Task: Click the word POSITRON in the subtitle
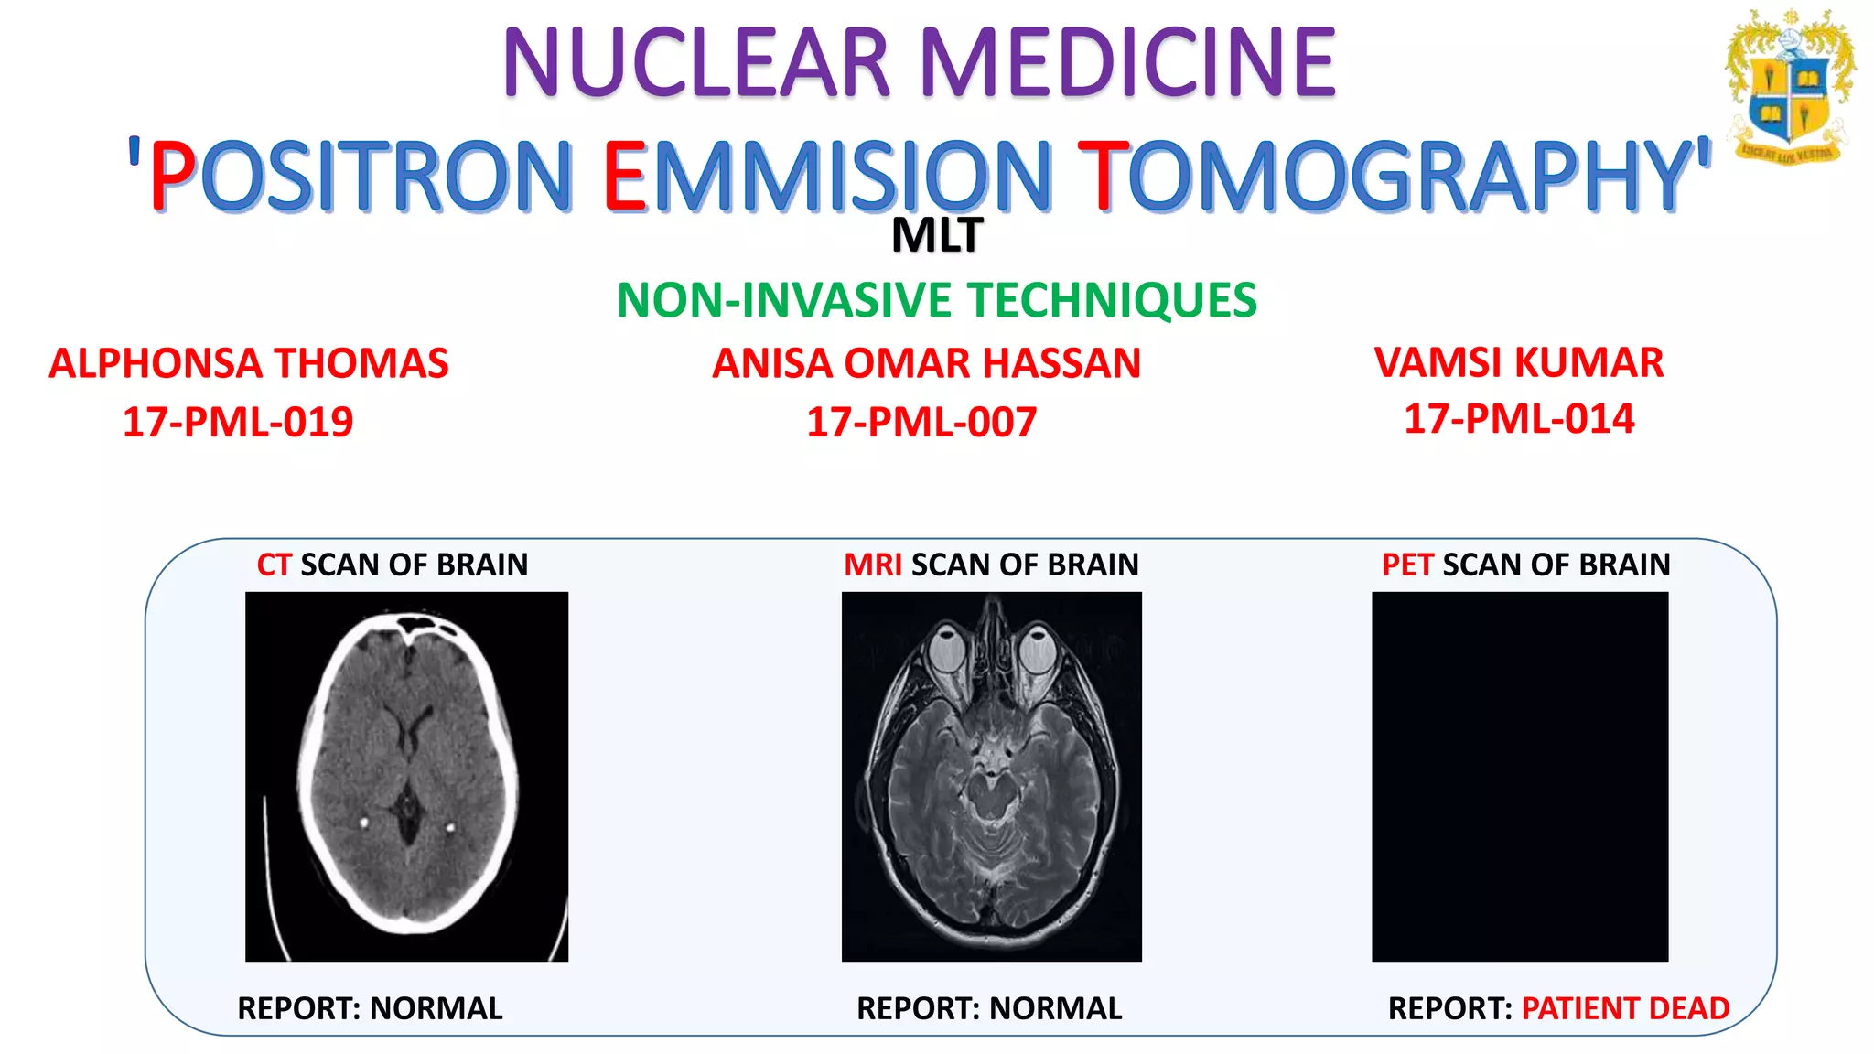[361, 176]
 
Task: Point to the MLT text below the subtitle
[937, 236]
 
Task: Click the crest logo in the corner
[1789, 87]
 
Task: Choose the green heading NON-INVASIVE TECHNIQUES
[937, 300]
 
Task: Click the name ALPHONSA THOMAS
[249, 363]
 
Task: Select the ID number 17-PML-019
[238, 422]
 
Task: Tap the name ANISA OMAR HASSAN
[926, 363]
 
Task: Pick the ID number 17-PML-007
[921, 422]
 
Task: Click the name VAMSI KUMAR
[1519, 362]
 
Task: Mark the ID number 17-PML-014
[1519, 419]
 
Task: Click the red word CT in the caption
[274, 565]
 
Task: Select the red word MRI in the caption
[872, 565]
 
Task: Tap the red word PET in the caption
[1406, 565]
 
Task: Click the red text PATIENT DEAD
[1625, 1008]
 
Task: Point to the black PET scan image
[1520, 776]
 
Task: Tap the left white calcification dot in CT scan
[364, 822]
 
